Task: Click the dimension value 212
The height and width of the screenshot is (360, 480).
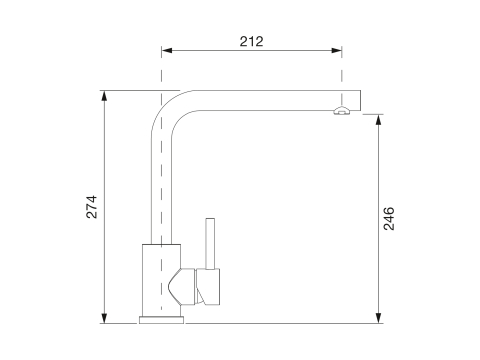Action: pos(251,41)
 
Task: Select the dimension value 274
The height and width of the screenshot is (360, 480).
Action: pos(91,206)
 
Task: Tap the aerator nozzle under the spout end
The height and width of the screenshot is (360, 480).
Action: pos(341,112)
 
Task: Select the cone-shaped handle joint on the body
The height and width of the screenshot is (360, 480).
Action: pos(183,287)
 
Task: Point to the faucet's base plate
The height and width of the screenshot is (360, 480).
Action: pos(161,320)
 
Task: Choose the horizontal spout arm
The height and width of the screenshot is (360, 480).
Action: pos(260,99)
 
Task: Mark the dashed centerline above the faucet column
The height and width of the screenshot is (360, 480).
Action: pos(160,70)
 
